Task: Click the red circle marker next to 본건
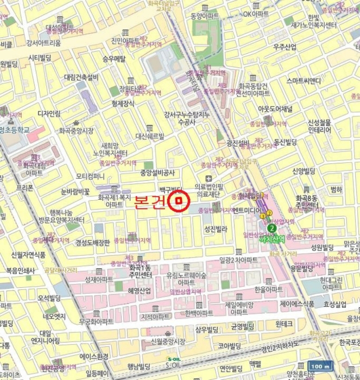(x=178, y=202)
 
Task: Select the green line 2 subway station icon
(x=271, y=229)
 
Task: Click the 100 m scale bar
(x=320, y=366)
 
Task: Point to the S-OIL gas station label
(x=174, y=363)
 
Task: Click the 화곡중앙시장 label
(x=76, y=130)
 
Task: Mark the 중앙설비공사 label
(x=157, y=173)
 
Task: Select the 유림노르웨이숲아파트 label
(x=186, y=279)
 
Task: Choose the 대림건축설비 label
(x=81, y=78)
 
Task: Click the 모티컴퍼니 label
(x=90, y=176)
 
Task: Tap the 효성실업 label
(x=335, y=305)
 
